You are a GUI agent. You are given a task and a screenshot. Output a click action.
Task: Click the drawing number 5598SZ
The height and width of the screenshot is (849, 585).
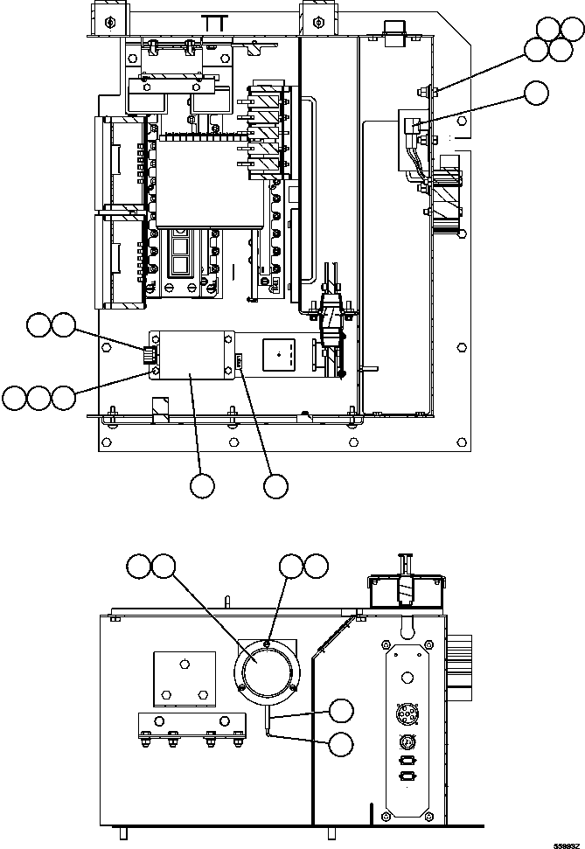pyautogui.click(x=567, y=844)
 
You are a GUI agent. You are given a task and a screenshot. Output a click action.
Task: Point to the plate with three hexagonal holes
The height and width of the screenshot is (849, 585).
pyautogui.click(x=185, y=679)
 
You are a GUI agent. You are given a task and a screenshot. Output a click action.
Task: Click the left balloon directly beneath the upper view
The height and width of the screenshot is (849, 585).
pyautogui.click(x=202, y=486)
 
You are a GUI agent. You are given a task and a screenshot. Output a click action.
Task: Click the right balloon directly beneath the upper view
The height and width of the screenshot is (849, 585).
pyautogui.click(x=275, y=486)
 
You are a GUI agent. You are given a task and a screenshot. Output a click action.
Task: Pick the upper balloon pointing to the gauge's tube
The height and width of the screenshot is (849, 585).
pyautogui.click(x=342, y=711)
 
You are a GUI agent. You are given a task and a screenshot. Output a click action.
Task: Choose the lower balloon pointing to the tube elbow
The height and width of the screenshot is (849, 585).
pyautogui.click(x=342, y=744)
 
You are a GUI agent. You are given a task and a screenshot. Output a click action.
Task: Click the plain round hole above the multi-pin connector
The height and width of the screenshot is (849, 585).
pyautogui.click(x=407, y=679)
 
